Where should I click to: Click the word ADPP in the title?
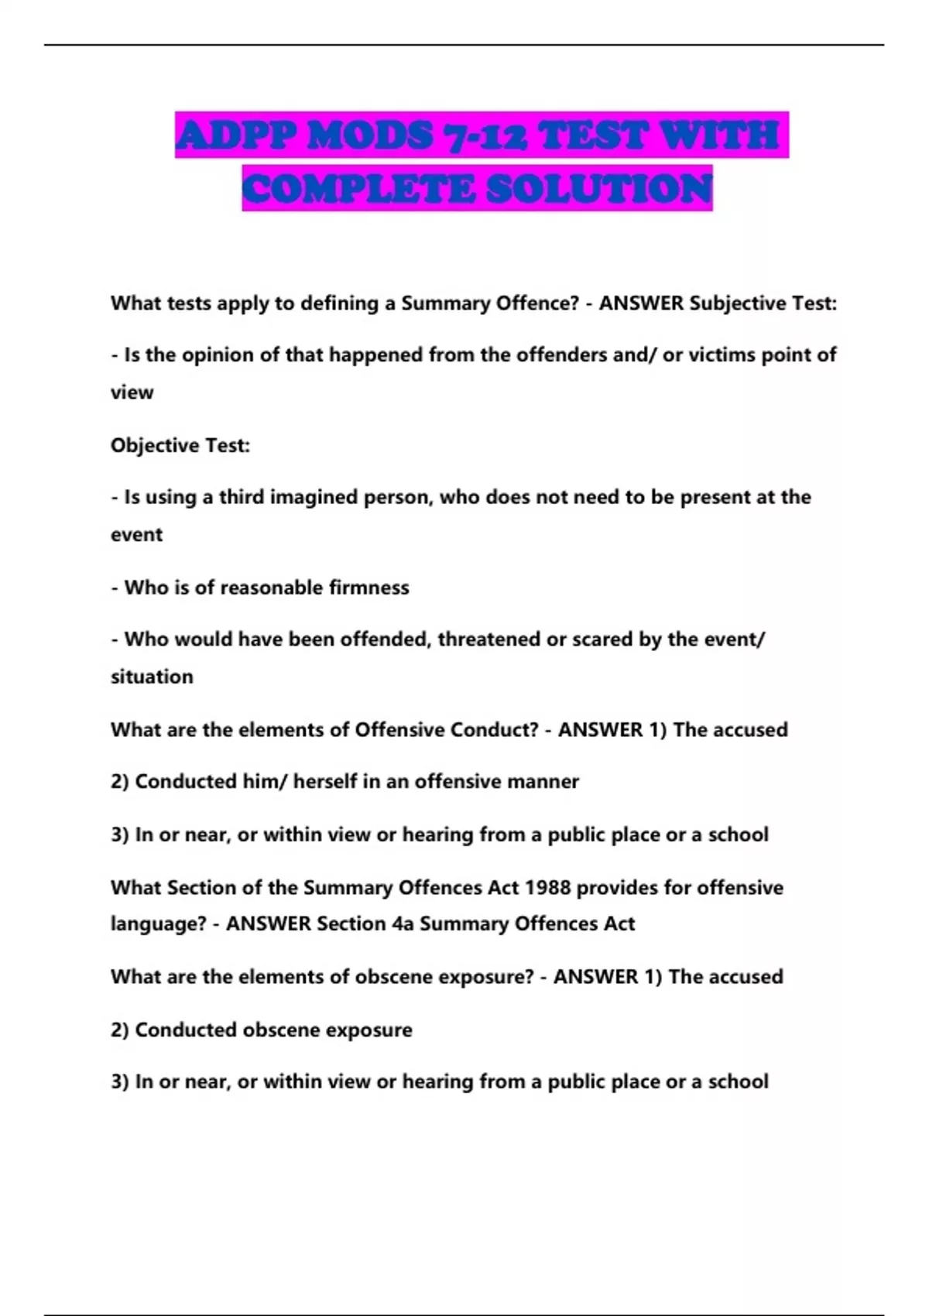235,136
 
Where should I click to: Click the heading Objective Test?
180,446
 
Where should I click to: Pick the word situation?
152,677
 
